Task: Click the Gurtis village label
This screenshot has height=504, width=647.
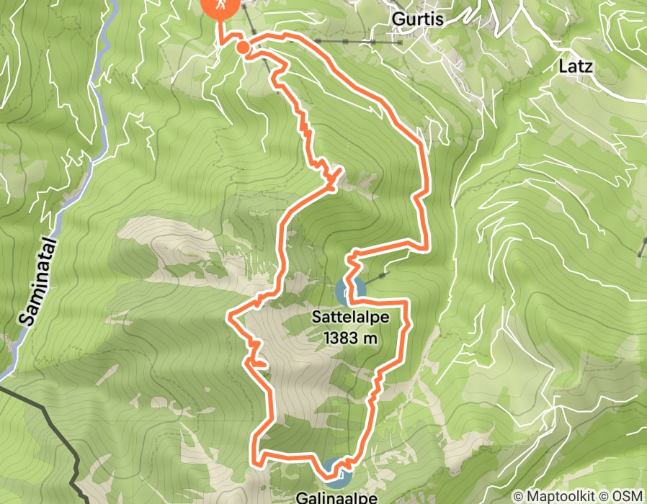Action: (416, 19)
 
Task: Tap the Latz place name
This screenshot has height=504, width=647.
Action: (575, 67)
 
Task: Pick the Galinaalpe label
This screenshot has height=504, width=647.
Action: (338, 497)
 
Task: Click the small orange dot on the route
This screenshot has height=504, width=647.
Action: (243, 48)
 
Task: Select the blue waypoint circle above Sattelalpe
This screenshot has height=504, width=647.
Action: (349, 291)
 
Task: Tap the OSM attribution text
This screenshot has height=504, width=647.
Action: (628, 496)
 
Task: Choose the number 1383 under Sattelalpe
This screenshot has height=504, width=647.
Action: (337, 338)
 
